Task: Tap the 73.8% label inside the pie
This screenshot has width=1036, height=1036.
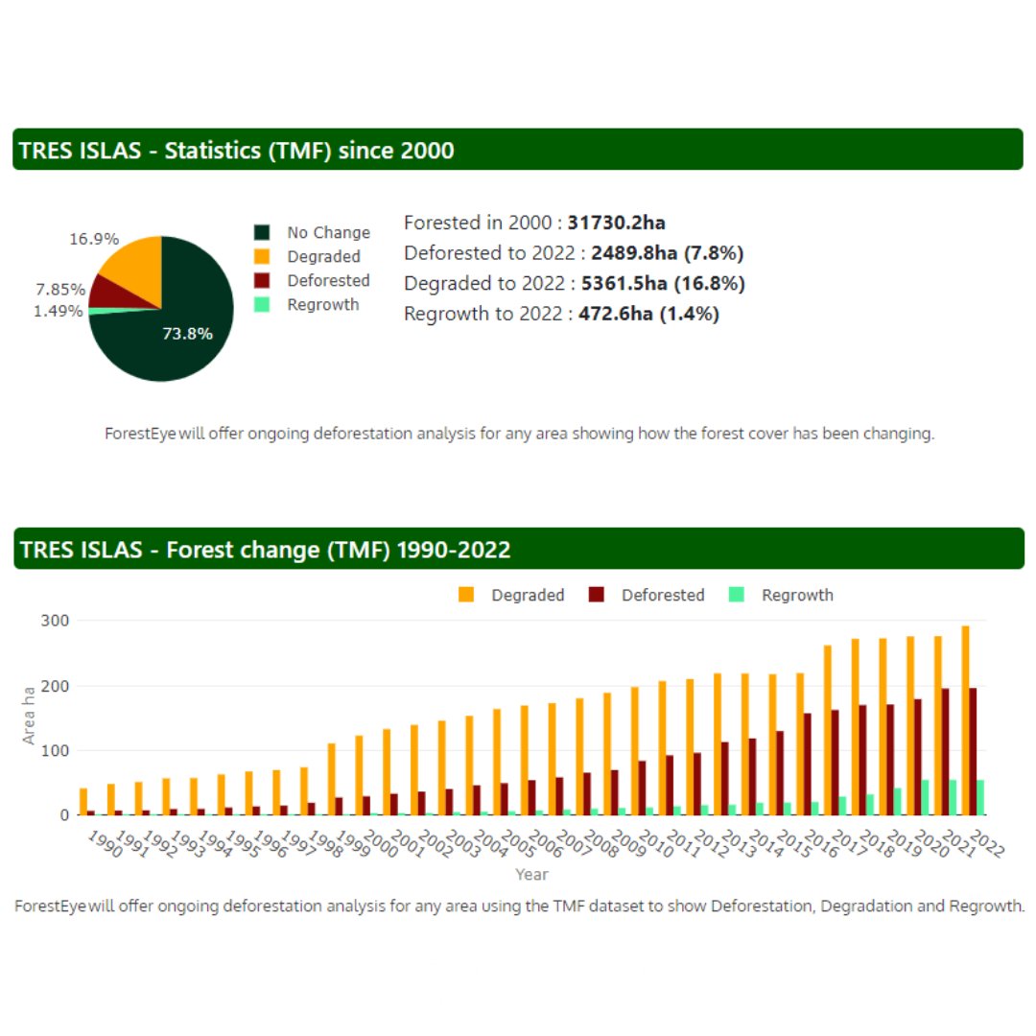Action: [x=187, y=334]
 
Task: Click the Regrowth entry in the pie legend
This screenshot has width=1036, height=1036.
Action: [x=322, y=304]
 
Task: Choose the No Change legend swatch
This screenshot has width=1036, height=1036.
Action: [x=263, y=232]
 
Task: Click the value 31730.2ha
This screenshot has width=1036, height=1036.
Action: [x=616, y=223]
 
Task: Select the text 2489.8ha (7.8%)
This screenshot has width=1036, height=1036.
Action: [x=668, y=253]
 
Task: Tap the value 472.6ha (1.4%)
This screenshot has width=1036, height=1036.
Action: [x=648, y=314]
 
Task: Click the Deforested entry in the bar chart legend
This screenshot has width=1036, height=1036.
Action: [x=662, y=595]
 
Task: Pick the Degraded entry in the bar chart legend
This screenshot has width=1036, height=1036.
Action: [x=527, y=595]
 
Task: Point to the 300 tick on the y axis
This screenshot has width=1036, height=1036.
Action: [x=55, y=621]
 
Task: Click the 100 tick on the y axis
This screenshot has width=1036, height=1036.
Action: [x=55, y=751]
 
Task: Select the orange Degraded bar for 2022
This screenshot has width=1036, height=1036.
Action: [x=966, y=719]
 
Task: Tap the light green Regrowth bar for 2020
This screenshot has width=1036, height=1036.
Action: [x=925, y=797]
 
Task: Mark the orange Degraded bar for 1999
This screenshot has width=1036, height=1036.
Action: [x=332, y=779]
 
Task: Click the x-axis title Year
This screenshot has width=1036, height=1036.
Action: [x=531, y=874]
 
